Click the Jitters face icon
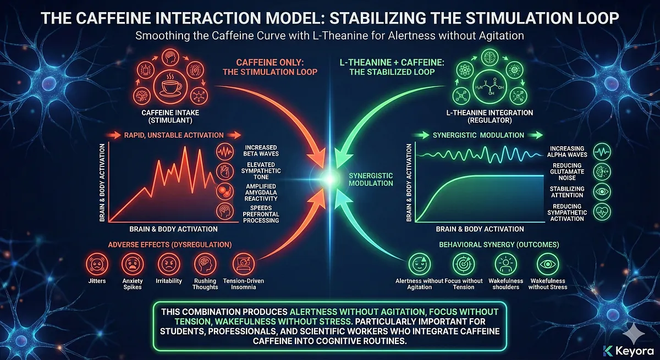click(98, 263)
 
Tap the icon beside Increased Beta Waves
click(227, 151)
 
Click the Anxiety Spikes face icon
click(133, 263)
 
